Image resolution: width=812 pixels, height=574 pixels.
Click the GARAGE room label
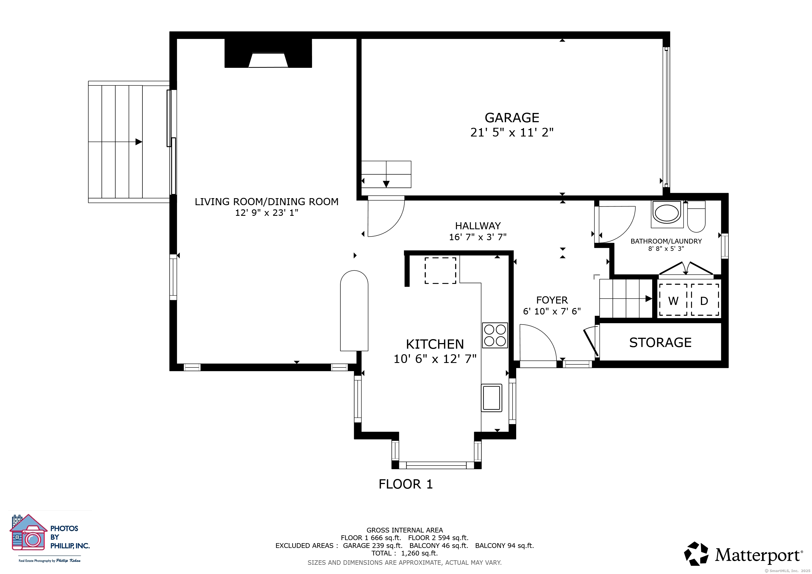tap(512, 118)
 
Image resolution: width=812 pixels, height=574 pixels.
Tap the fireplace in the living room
tap(268, 53)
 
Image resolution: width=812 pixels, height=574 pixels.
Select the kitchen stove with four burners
tap(495, 335)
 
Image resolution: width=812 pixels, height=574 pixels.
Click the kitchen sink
tap(492, 398)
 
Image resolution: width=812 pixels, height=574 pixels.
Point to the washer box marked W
tap(673, 300)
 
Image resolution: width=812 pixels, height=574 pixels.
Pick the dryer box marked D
tap(705, 300)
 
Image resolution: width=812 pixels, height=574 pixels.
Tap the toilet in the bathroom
tap(696, 217)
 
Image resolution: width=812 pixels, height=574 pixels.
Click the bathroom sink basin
tap(667, 213)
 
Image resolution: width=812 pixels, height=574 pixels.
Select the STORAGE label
tap(660, 342)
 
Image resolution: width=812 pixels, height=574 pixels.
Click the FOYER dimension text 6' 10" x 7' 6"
tap(552, 311)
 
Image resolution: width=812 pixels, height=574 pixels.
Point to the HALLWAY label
tap(478, 226)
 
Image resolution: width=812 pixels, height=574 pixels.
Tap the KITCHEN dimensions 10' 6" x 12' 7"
tap(435, 359)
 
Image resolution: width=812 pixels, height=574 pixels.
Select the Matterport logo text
tap(758, 555)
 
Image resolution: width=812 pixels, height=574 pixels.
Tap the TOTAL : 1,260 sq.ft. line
tap(405, 554)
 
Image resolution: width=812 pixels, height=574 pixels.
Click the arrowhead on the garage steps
tap(386, 184)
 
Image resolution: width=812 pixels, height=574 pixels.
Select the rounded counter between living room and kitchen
tap(354, 311)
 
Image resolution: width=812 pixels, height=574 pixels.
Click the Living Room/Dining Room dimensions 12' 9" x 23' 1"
tap(267, 213)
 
